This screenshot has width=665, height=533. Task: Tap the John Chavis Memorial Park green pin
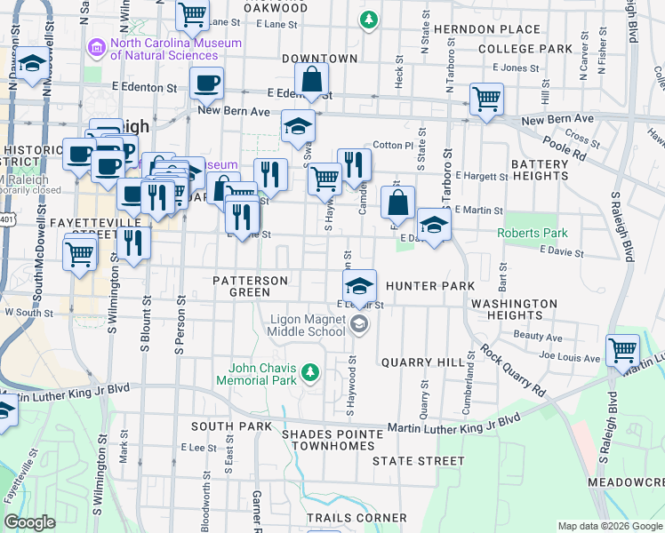pos(310,371)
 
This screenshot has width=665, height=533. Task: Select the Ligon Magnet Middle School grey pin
pos(359,324)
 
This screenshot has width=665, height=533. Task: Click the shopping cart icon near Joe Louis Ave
pos(622,348)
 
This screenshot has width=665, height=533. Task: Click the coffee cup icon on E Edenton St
pos(206,83)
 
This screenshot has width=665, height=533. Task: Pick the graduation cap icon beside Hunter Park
pos(359,285)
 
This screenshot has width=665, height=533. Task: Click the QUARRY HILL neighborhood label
pos(422,362)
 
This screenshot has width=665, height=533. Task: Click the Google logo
pos(30,522)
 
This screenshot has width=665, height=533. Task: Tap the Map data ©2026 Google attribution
pos(610,526)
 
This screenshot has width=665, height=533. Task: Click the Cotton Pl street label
pos(393,145)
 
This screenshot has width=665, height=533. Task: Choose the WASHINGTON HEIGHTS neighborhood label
pos(514,310)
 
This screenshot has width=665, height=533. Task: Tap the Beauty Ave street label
pos(538,338)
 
